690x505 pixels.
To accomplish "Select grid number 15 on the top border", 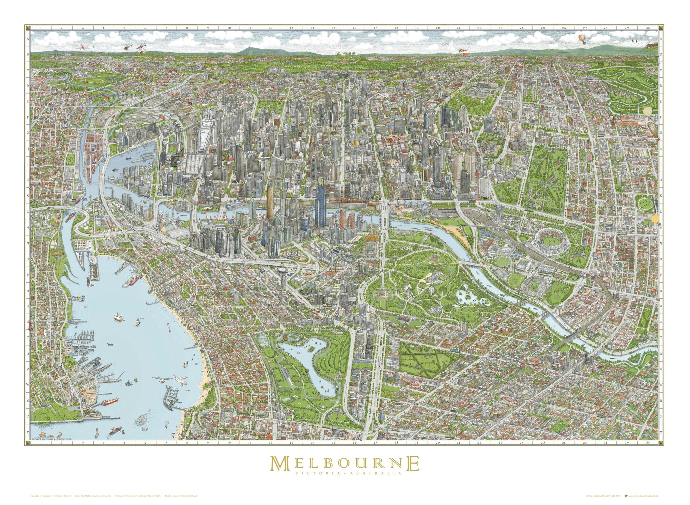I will (334, 28).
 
